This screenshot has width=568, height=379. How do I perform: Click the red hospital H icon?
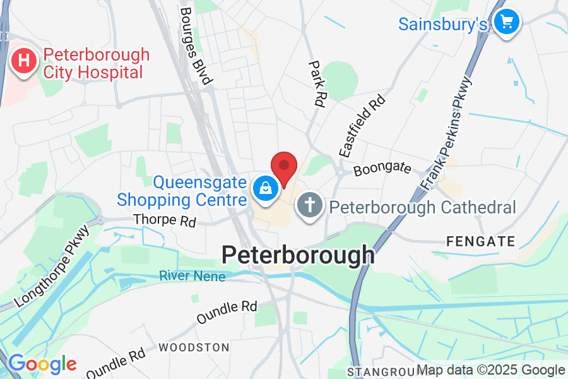tap(24, 62)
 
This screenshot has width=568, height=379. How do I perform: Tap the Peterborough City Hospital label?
tap(96, 63)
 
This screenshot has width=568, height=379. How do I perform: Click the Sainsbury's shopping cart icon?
tap(506, 23)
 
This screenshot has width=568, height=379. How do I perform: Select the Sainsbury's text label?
tap(443, 24)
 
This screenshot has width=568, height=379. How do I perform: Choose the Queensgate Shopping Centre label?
tap(182, 191)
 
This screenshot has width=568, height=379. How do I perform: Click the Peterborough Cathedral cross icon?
tap(310, 206)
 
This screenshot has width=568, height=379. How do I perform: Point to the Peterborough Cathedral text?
tap(423, 207)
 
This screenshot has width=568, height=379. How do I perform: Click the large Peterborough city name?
tap(298, 255)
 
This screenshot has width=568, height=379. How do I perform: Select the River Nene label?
tap(192, 275)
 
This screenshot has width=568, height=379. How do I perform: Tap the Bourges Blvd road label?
tap(196, 45)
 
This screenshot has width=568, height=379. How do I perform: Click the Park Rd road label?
tap(316, 83)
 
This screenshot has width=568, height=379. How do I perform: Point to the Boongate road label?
tap(382, 169)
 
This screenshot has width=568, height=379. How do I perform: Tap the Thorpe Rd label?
tap(165, 221)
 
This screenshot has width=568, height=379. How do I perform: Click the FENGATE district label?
tap(480, 241)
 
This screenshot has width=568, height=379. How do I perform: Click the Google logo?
tap(42, 364)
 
